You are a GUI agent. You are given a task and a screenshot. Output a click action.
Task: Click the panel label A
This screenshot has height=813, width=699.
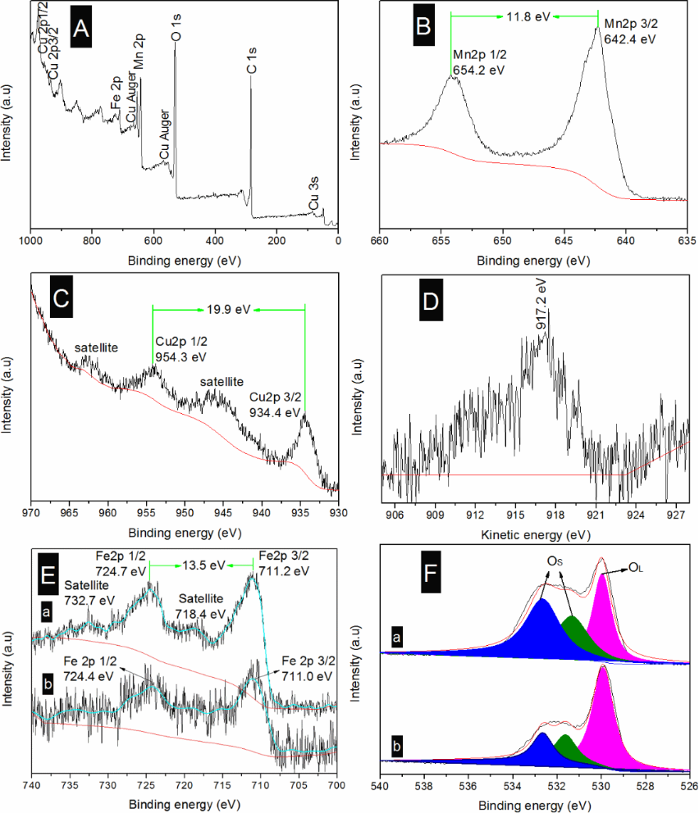(x=80, y=30)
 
